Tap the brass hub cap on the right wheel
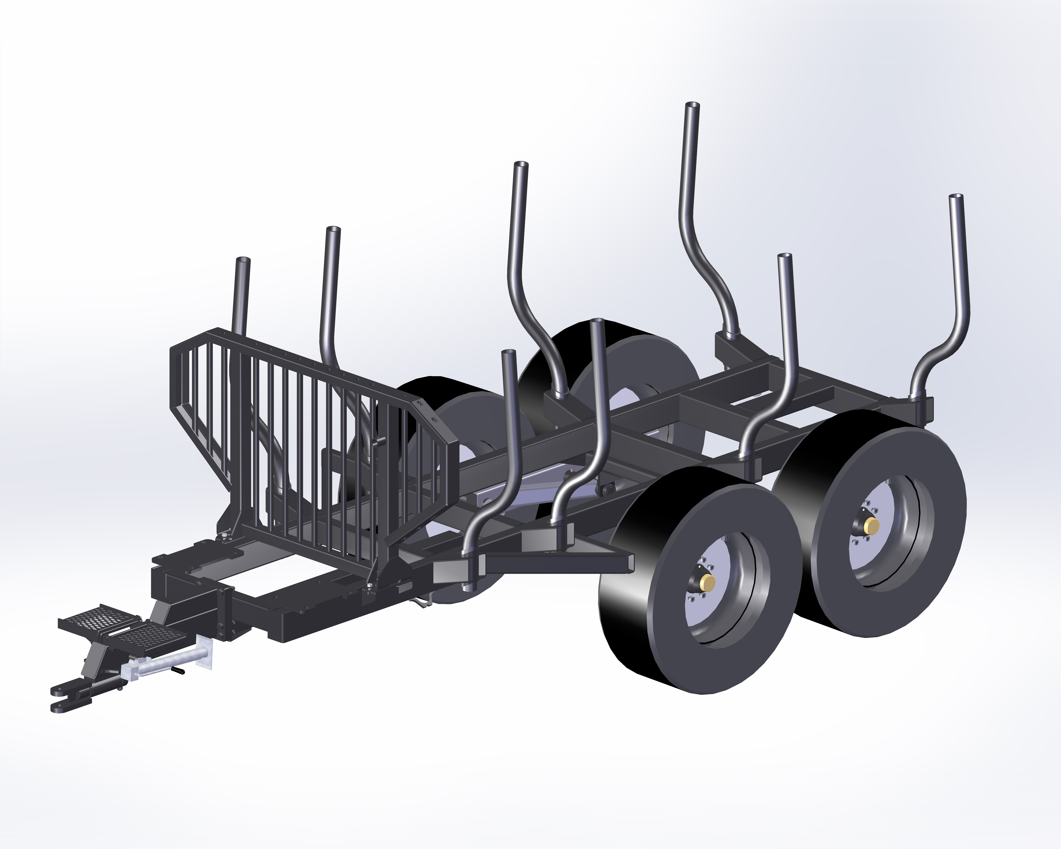pos(873,525)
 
